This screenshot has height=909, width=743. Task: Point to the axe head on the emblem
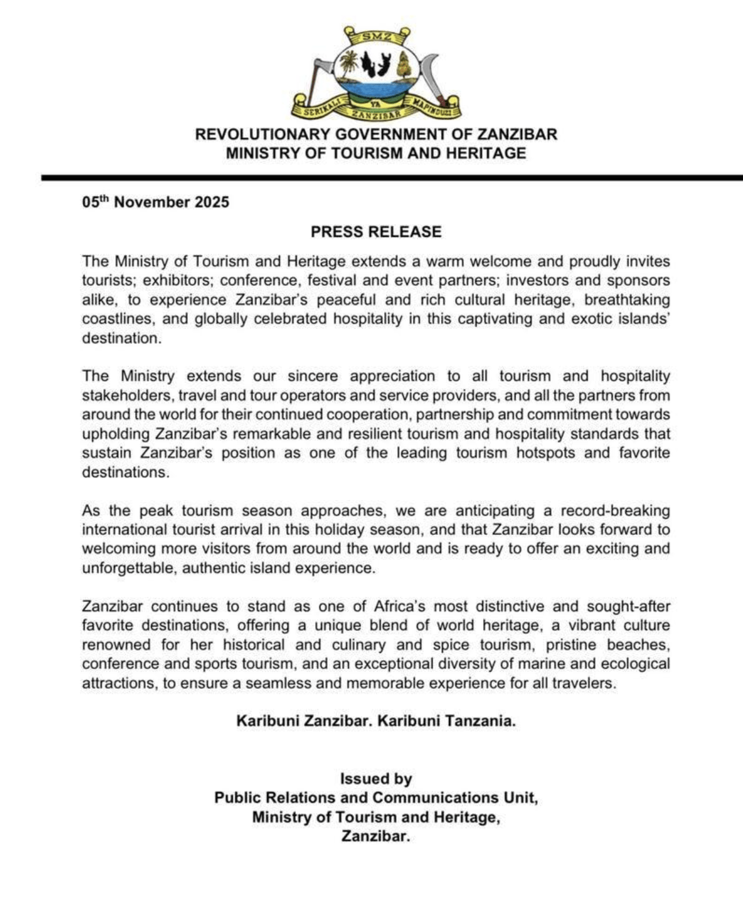click(323, 65)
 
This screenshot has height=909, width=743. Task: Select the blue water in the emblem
click(376, 91)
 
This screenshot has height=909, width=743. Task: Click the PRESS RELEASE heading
click(376, 232)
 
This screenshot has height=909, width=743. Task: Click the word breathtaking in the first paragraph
click(627, 300)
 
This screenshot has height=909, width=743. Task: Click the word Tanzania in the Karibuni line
click(480, 721)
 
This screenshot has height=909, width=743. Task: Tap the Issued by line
click(376, 779)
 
